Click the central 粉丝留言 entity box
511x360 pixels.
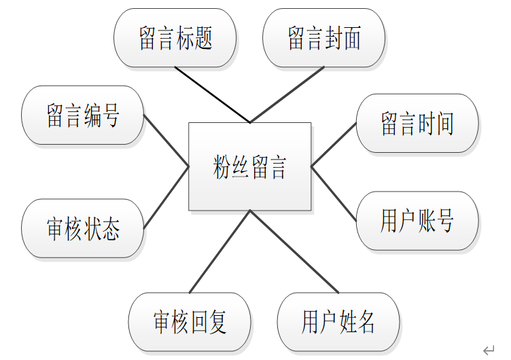coord(249,166)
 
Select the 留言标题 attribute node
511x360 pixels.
coord(175,38)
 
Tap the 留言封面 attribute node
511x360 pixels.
coord(323,38)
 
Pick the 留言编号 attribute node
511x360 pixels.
coord(83,115)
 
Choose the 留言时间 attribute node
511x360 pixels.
coord(417,123)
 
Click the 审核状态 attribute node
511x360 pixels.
coord(83,229)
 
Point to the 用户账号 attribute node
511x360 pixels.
coord(417,221)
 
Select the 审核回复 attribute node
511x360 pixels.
coord(189,323)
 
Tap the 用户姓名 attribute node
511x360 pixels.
coord(338,323)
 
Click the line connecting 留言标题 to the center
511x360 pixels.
coord(212,94)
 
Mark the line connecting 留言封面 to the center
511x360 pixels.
coord(287,94)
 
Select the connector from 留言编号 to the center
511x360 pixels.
coord(166,139)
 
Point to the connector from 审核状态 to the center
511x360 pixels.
coord(166,197)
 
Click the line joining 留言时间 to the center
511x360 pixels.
coord(334,144)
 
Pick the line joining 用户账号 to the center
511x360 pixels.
coord(334,193)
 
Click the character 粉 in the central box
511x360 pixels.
coord(222,167)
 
